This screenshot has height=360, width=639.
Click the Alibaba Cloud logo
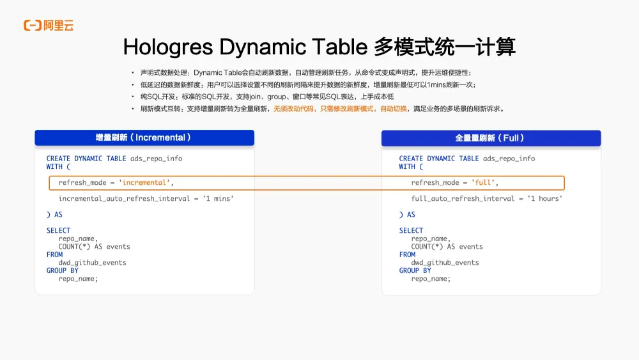click(x=49, y=26)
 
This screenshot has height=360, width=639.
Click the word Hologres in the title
click(x=168, y=47)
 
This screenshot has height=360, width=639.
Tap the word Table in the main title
click(x=343, y=47)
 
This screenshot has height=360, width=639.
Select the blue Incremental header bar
click(x=144, y=138)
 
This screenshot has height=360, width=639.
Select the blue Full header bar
click(x=491, y=138)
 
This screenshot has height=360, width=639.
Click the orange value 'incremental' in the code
click(x=144, y=183)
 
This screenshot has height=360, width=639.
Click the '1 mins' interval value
click(x=218, y=199)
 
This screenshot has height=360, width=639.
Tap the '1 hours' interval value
click(x=545, y=199)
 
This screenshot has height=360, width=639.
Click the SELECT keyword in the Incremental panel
click(x=58, y=230)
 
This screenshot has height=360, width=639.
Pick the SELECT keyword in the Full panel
click(x=411, y=230)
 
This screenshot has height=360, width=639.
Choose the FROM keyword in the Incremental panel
click(x=54, y=254)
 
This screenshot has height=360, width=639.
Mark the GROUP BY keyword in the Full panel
click(x=415, y=270)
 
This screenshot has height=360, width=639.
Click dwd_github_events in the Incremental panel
click(x=93, y=263)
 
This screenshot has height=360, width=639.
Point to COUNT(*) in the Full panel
click(x=427, y=247)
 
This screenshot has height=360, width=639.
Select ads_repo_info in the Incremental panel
click(x=157, y=159)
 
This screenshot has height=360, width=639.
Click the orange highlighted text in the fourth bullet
click(x=341, y=109)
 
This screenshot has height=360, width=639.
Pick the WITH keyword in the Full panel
click(x=407, y=166)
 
